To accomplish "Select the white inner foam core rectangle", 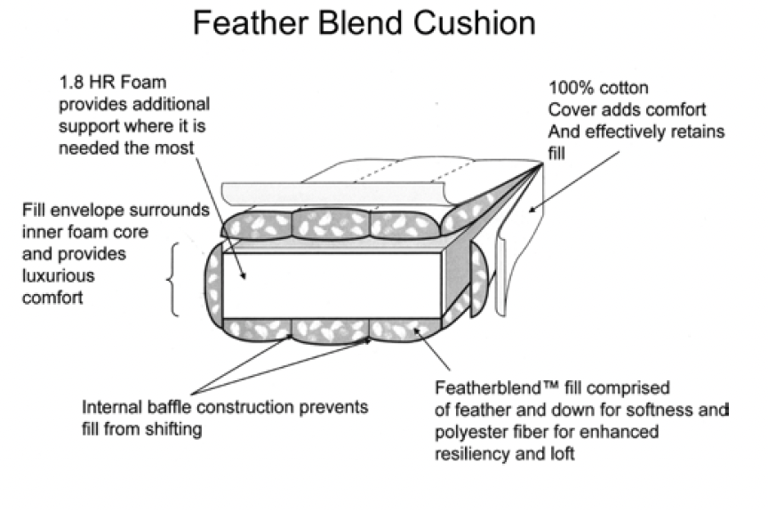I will click(329, 283).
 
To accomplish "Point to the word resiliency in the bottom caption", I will click(472, 453).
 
